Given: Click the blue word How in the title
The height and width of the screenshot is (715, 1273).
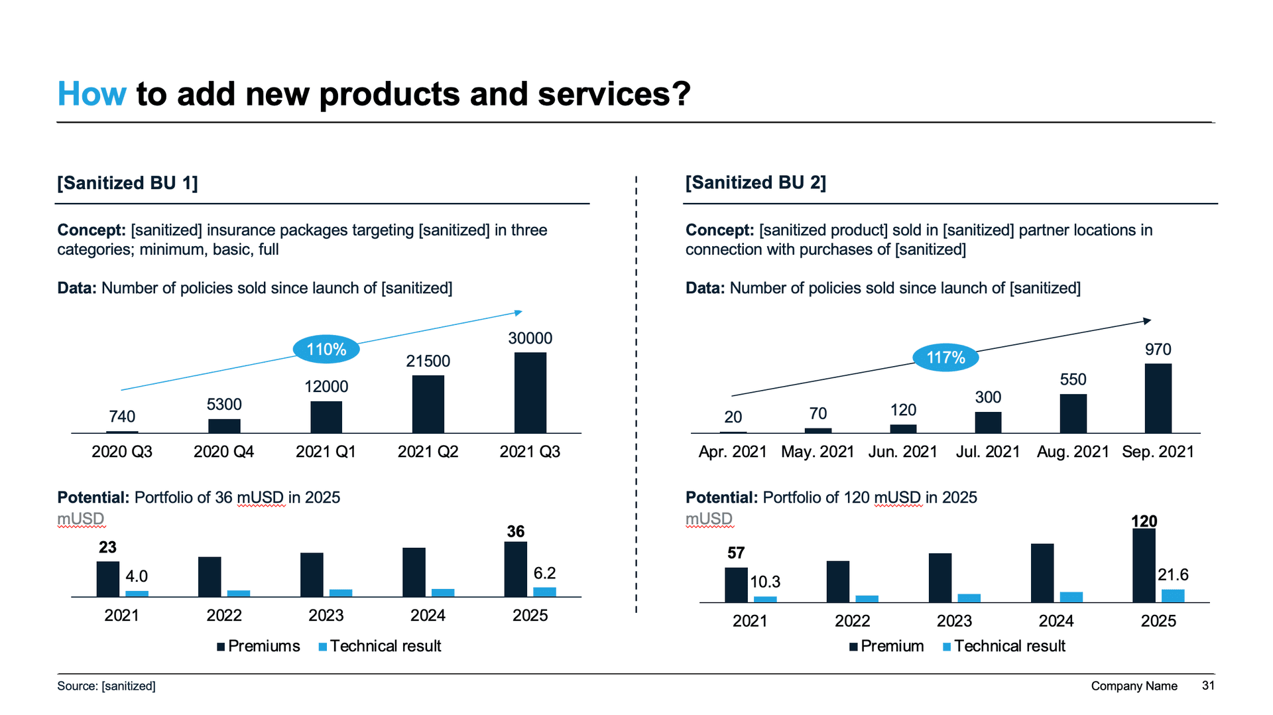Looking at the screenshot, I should coord(91,94).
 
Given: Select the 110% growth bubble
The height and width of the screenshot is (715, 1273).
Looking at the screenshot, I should coord(326,349).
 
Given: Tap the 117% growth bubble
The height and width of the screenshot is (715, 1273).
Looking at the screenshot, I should coord(945,357).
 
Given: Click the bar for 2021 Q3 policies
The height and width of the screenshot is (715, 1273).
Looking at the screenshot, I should coord(530,392).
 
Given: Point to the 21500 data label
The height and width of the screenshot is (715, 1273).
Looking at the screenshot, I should coord(428,361).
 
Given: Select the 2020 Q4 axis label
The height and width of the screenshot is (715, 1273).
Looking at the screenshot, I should coord(223,452).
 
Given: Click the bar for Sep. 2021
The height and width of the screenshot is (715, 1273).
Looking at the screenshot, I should coord(1158,398).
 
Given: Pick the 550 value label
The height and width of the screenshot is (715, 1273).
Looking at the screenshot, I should coord(1073,379).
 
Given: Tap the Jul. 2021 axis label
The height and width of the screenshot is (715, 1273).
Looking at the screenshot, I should coord(987,452).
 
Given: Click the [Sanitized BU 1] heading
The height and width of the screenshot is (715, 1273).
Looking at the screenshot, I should coord(127,182).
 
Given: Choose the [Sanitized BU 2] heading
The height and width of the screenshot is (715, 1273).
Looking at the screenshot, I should coord(755,182).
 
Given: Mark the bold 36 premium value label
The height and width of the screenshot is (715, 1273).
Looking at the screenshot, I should coord(515,531).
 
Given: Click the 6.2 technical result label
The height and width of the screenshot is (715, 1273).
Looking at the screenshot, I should coord(544,573).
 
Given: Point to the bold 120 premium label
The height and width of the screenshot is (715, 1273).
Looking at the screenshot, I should coord(1144,521).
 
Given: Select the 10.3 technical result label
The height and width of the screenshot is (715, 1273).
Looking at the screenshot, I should coord(764,582).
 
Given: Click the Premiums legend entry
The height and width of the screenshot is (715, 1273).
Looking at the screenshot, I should coord(259,646).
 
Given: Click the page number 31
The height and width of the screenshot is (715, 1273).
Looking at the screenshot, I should coord(1208,685).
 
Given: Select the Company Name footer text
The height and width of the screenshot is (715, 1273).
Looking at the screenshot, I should coord(1134,686).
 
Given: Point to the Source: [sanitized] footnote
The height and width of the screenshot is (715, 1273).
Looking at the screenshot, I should coord(106,686).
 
